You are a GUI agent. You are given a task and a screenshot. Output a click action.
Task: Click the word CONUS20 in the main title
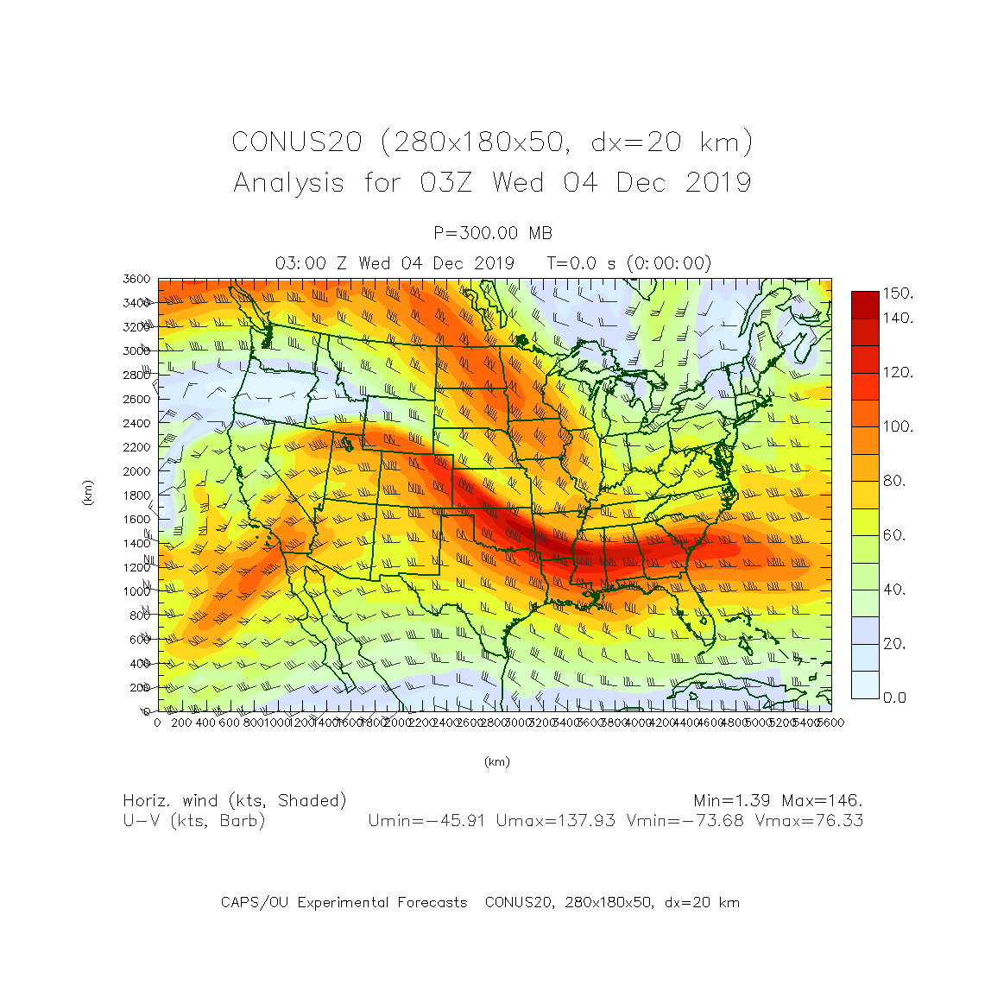point(297,142)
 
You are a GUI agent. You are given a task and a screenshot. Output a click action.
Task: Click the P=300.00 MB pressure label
point(493,233)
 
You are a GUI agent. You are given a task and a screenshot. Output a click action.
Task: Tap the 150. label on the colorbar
point(898,294)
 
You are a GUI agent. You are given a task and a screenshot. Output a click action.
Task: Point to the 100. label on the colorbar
point(898,426)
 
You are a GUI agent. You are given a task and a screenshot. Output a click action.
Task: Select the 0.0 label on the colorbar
point(895,697)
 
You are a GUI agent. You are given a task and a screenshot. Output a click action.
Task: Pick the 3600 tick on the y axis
point(136,280)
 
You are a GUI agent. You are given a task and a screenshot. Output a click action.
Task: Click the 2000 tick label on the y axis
point(136,471)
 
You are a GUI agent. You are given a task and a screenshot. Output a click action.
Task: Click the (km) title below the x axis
point(496,761)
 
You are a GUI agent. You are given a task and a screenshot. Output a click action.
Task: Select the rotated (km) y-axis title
point(87,494)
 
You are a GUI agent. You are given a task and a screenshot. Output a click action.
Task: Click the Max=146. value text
point(823,801)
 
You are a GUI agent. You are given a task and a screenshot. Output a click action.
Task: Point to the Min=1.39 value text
point(732,801)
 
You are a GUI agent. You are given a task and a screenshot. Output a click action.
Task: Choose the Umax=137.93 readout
point(556,821)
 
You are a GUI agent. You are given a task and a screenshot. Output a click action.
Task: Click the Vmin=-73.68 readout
point(685,821)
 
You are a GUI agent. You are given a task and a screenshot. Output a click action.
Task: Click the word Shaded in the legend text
point(312,801)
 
